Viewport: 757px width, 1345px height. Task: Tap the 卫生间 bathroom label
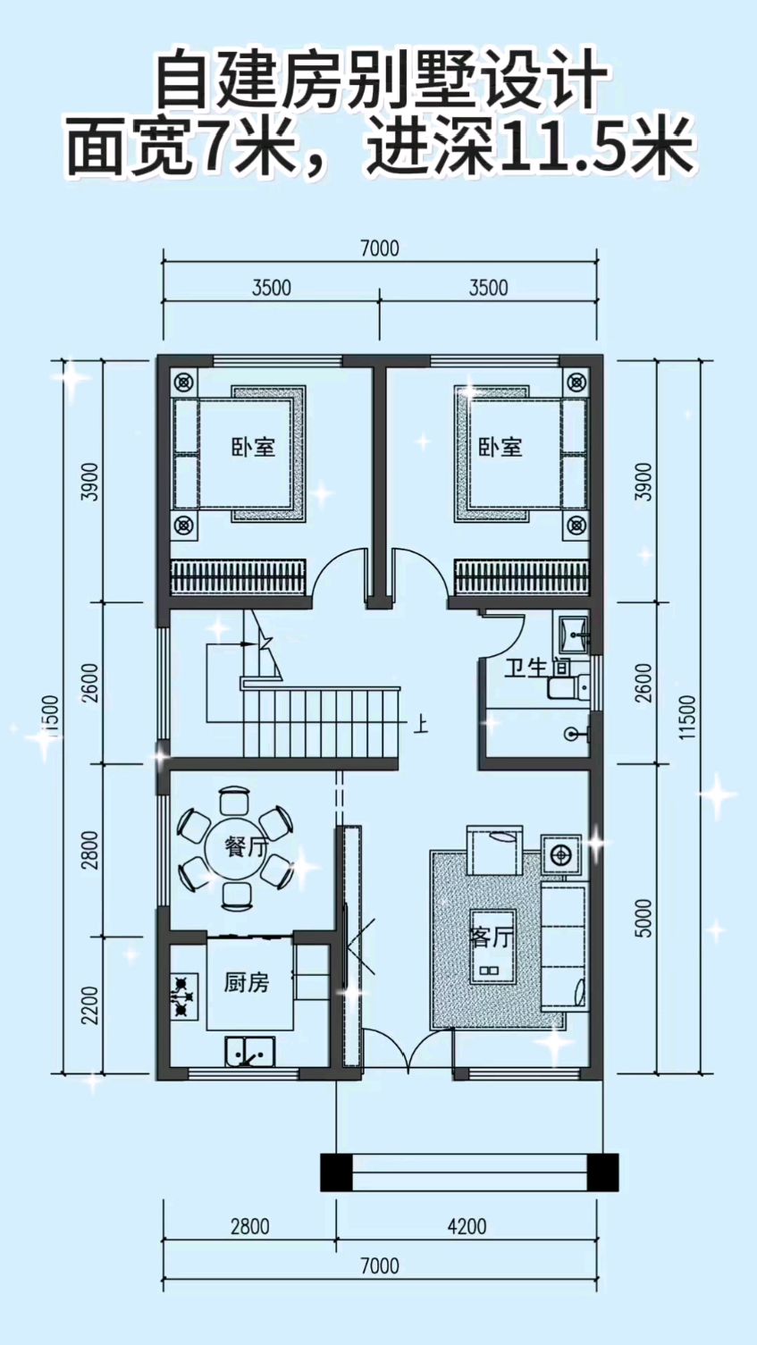[536, 668]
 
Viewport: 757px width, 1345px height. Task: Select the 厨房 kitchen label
[246, 982]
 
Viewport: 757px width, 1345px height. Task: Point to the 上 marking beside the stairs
[419, 723]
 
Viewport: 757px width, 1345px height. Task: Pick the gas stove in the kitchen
[183, 995]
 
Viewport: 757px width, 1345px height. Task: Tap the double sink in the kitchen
[249, 1052]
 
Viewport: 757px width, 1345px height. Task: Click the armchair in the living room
[496, 851]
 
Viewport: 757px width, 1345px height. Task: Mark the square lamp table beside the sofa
[561, 854]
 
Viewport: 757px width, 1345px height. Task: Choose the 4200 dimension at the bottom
[467, 1226]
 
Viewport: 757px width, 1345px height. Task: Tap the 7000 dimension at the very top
[379, 248]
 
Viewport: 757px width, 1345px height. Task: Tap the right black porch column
[603, 1173]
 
